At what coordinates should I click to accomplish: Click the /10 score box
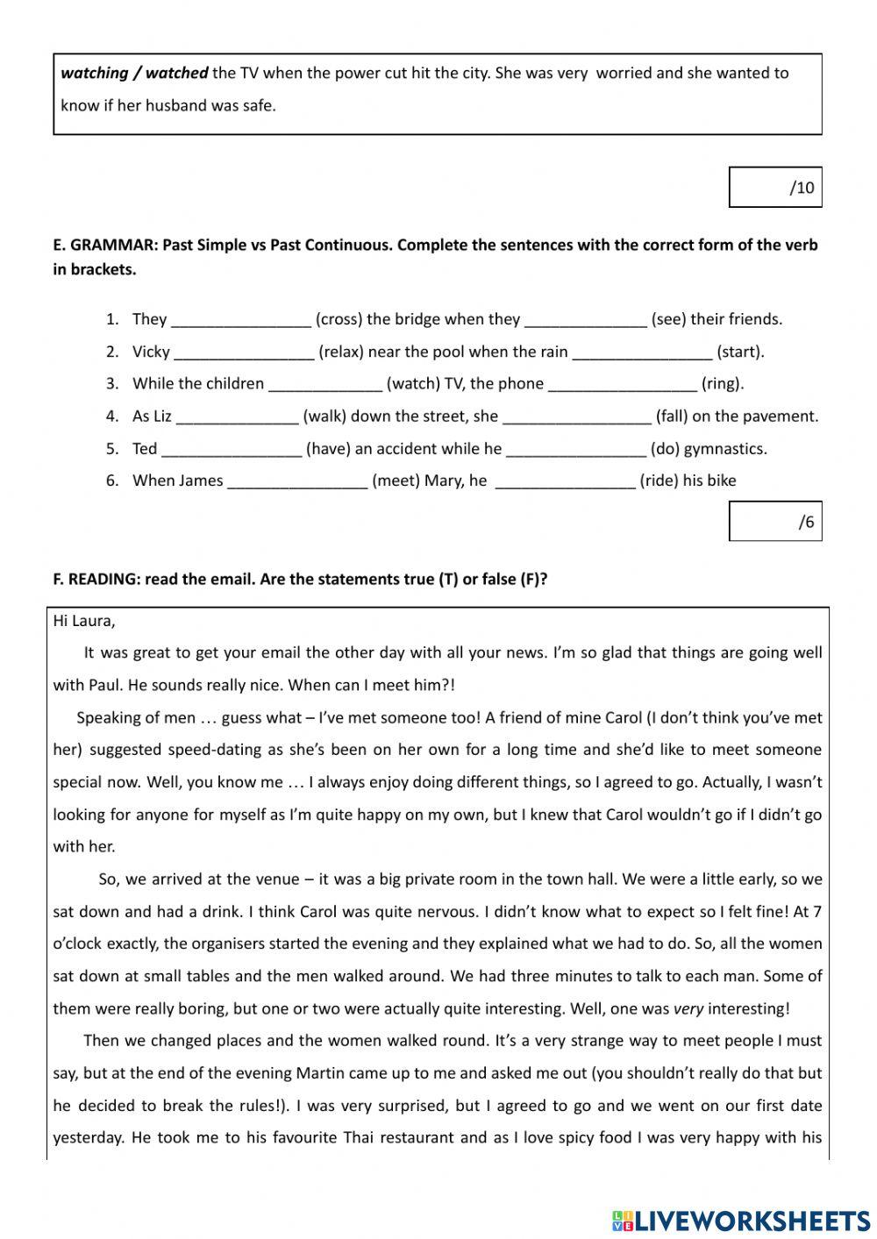click(774, 187)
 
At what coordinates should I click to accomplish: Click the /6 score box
click(774, 522)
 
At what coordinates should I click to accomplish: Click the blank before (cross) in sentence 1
click(241, 320)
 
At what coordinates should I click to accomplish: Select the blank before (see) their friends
click(585, 320)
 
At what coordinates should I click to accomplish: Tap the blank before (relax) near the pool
click(244, 352)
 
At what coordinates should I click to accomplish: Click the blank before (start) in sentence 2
click(642, 352)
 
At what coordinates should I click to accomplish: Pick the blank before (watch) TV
click(325, 384)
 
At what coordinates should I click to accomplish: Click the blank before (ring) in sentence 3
click(623, 384)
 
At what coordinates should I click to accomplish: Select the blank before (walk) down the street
click(238, 417)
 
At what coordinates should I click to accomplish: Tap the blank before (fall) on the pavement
click(577, 417)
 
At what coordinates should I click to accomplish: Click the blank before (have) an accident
click(232, 449)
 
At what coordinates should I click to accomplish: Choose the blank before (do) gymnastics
click(576, 449)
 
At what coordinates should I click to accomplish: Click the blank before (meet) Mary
click(297, 481)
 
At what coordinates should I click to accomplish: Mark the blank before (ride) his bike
click(565, 481)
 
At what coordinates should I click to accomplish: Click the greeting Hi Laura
click(84, 621)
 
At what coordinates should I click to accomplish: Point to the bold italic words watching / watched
click(134, 74)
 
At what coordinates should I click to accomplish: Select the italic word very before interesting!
click(688, 1008)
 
